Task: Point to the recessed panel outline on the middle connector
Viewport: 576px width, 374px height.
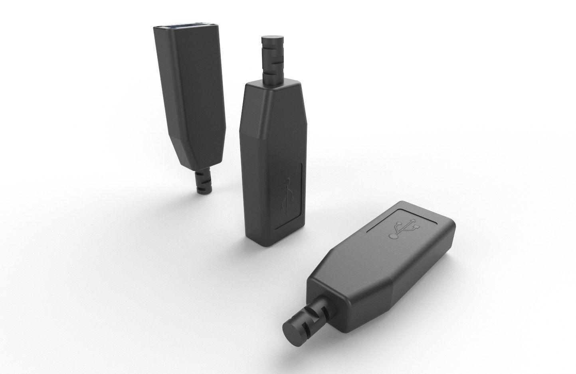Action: click(x=302, y=191)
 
